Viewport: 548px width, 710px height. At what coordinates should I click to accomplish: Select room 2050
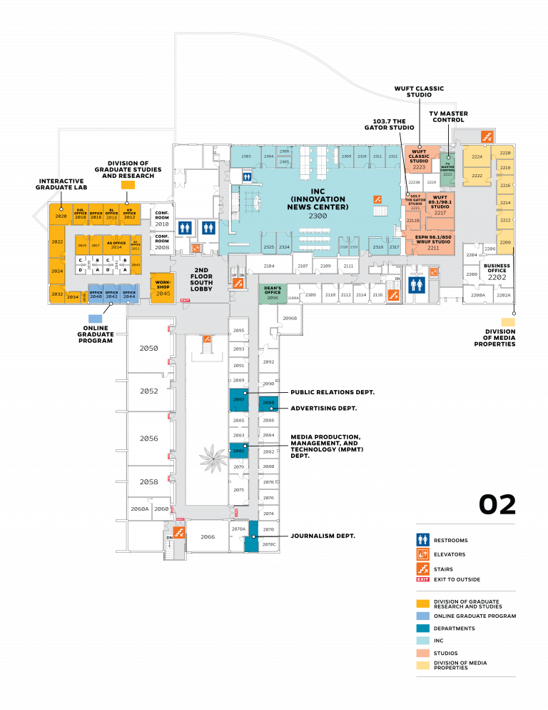coord(149,348)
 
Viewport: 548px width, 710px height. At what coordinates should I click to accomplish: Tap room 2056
coord(149,439)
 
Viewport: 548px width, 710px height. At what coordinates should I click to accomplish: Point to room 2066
coord(208,536)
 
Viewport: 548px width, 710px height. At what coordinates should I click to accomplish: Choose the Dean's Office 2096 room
coord(272,293)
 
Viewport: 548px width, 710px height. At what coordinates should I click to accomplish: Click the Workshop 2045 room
coord(163,288)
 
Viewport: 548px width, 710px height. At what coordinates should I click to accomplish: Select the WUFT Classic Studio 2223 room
coord(419,160)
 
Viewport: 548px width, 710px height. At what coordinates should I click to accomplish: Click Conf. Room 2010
coord(162,217)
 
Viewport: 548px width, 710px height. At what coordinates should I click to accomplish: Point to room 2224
coord(477,157)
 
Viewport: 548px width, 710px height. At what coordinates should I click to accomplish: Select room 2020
coord(60,215)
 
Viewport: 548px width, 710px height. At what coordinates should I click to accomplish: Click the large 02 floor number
coord(497,505)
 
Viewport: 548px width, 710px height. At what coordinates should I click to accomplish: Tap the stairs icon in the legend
coord(422,569)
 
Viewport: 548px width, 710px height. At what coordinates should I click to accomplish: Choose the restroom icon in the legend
coord(422,540)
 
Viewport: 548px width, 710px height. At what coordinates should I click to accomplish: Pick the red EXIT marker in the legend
coord(422,579)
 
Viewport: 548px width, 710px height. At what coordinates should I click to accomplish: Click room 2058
coord(149,482)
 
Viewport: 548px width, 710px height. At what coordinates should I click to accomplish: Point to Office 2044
coord(129,294)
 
